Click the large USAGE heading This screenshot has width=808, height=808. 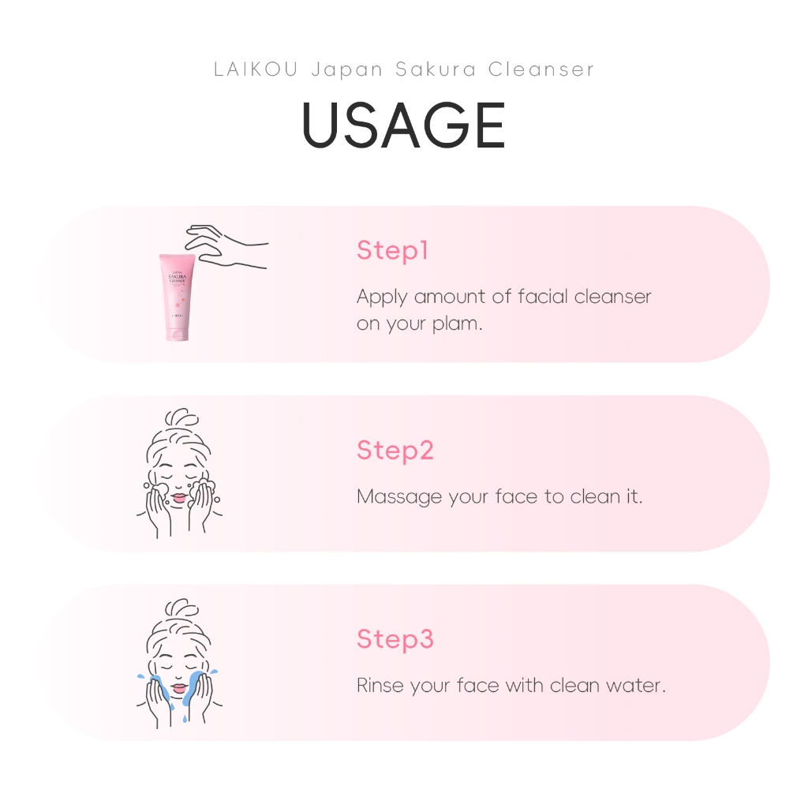(x=403, y=125)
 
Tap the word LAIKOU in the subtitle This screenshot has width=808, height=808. (x=256, y=69)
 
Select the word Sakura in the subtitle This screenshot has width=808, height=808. (x=436, y=69)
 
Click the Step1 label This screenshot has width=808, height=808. (x=392, y=250)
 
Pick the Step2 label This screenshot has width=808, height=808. (x=395, y=451)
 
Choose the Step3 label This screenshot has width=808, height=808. (x=395, y=639)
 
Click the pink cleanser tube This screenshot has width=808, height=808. (x=177, y=297)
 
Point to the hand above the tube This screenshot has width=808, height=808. (x=226, y=246)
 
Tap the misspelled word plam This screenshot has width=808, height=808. (x=457, y=324)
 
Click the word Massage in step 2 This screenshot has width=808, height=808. (x=399, y=497)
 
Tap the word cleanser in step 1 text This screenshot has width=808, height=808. (x=612, y=297)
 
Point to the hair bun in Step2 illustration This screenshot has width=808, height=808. (x=181, y=417)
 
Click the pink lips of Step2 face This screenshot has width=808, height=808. (x=179, y=499)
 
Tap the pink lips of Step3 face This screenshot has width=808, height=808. (x=179, y=688)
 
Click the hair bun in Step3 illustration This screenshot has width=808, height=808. (x=181, y=608)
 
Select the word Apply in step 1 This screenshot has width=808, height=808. (x=382, y=297)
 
